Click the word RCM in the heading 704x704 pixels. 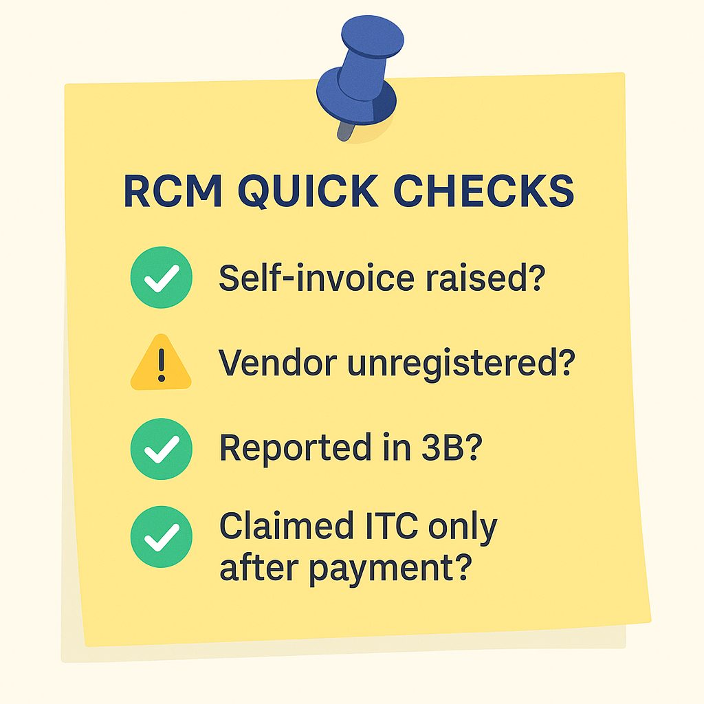173,190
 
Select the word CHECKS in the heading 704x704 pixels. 483,190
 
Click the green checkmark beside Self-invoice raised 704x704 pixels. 161,277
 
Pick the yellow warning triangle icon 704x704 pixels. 161,362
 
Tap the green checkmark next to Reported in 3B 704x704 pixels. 161,448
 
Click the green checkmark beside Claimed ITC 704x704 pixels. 161,536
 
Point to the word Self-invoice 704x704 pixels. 316,277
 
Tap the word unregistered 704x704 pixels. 461,364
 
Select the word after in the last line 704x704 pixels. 258,566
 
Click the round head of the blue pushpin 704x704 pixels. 372,36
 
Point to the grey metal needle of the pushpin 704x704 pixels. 346,131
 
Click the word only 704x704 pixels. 463,529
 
